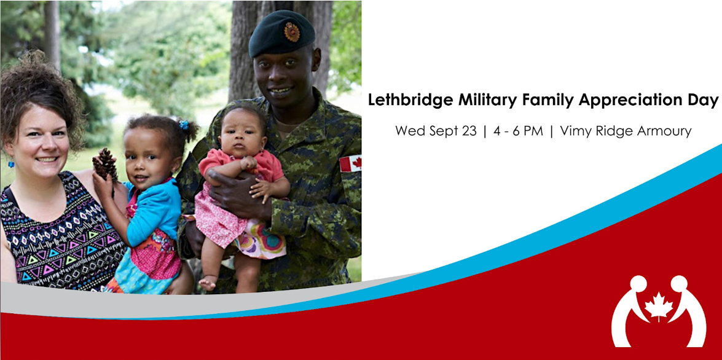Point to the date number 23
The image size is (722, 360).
click(x=469, y=131)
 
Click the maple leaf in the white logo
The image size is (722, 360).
click(x=658, y=305)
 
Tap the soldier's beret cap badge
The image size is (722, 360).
click(x=291, y=31)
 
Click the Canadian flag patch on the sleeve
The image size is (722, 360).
click(x=350, y=163)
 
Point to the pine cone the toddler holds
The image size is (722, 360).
click(x=106, y=165)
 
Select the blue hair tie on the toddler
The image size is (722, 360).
click(x=184, y=124)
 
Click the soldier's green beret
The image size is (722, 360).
click(x=281, y=33)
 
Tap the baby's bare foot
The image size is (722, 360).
click(x=207, y=283)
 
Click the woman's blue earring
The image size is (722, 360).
click(x=10, y=164)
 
